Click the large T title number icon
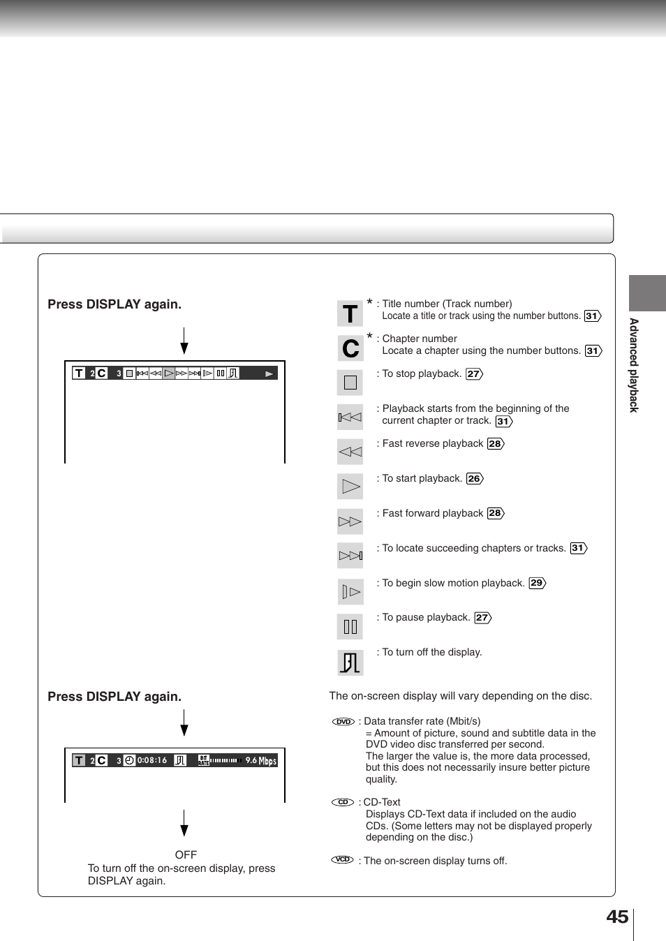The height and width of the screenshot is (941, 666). tap(350, 313)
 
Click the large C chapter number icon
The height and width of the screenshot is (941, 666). tap(350, 348)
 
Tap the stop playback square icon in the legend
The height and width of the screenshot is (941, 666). tap(350, 383)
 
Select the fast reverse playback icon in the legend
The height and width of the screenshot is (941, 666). tap(350, 452)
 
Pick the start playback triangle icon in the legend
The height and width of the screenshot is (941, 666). tap(350, 487)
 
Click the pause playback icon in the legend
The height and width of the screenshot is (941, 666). tap(350, 626)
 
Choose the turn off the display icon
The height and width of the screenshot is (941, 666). tap(350, 662)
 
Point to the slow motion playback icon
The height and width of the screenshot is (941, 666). tap(350, 592)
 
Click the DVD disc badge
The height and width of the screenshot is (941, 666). tap(343, 722)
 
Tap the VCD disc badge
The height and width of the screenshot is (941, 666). tap(342, 859)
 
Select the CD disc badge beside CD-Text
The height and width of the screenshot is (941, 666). tap(342, 802)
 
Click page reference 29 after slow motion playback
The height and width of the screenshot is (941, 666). tap(537, 583)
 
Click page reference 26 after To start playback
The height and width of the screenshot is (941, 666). tap(475, 478)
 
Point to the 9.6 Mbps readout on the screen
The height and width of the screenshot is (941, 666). tap(260, 760)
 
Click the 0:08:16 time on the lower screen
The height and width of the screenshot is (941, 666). tap(151, 760)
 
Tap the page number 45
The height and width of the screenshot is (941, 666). tap(617, 917)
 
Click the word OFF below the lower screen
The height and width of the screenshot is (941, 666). tap(186, 854)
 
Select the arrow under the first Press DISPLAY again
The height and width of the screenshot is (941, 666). tap(184, 341)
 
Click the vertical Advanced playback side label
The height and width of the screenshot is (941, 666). tap(634, 365)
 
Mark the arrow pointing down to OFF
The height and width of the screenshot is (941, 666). tap(184, 823)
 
